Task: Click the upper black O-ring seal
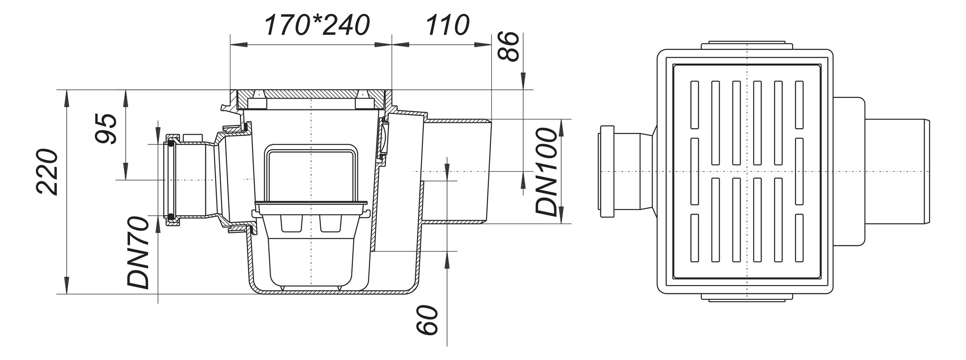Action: coord(171,144)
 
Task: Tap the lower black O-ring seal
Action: coord(171,216)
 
